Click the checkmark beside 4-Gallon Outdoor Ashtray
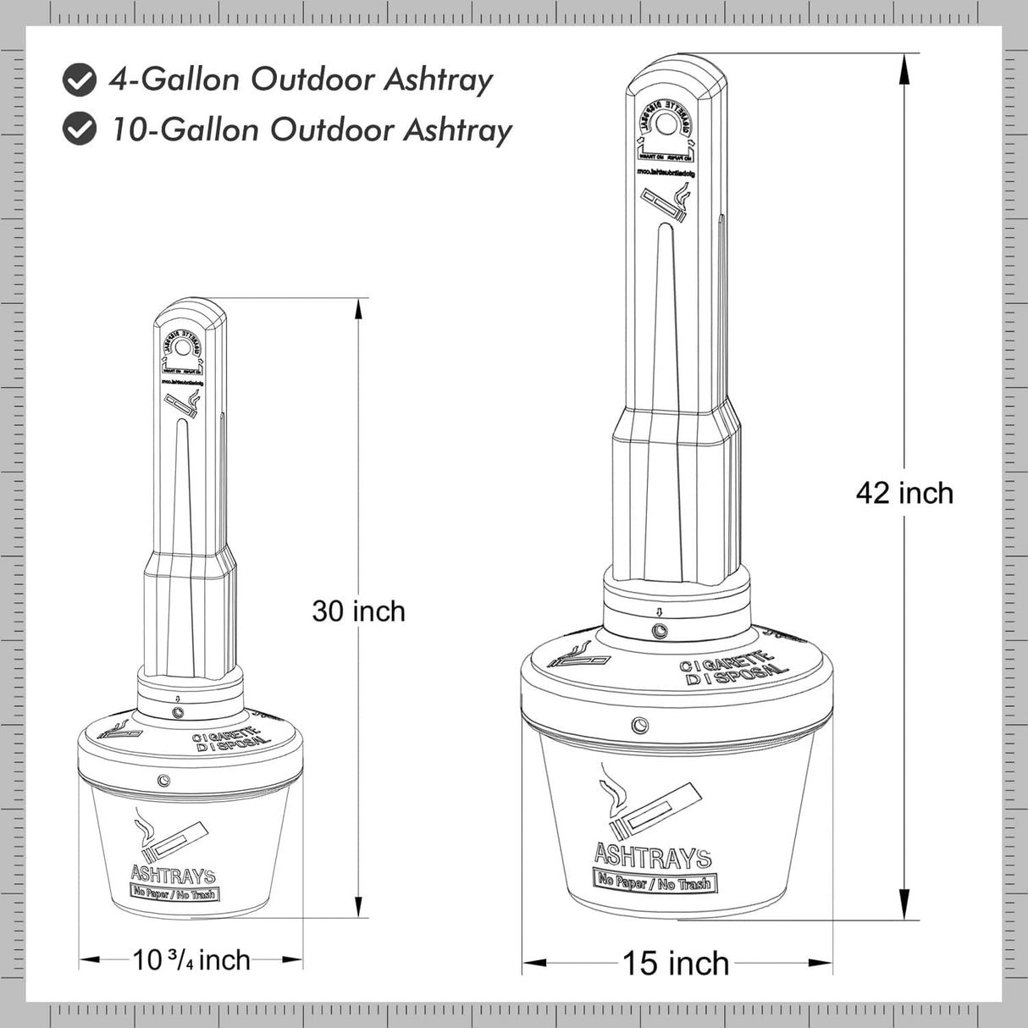point(80,80)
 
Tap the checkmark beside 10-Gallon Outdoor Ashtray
point(80,130)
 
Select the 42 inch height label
point(904,493)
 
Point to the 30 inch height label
point(358,611)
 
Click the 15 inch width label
point(676,963)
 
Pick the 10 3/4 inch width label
point(191,959)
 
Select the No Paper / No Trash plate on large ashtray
point(653,882)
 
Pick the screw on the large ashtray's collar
point(658,631)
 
